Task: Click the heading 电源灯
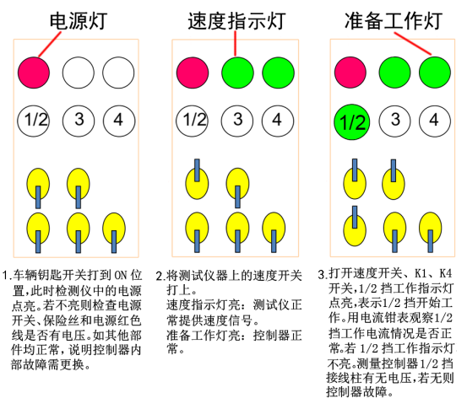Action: [78, 21]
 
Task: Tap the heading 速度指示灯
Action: [236, 21]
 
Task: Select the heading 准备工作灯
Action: [394, 21]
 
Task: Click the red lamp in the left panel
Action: [34, 73]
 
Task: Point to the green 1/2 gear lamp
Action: [352, 122]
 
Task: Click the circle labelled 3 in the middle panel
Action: [237, 121]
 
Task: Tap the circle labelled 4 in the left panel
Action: [119, 121]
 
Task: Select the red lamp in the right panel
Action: [350, 73]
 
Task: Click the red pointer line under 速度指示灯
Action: [235, 43]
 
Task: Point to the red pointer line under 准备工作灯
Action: [413, 43]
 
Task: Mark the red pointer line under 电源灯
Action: [50, 44]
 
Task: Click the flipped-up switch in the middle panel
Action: [197, 180]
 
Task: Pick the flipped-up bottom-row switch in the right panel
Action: [355, 226]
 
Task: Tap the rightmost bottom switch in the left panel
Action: [114, 233]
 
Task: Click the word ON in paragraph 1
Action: [122, 275]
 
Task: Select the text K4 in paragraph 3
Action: [446, 273]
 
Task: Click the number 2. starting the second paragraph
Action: [160, 277]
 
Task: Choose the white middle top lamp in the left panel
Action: [79, 73]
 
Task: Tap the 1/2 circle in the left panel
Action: [34, 121]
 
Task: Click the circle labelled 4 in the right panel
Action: [435, 121]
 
